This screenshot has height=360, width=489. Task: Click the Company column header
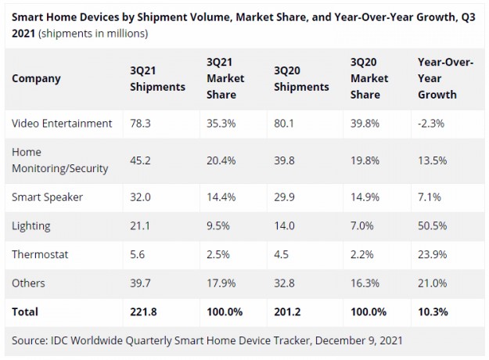point(36,78)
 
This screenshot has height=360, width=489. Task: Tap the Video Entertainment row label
point(63,123)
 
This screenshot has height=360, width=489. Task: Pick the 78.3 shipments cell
point(141,123)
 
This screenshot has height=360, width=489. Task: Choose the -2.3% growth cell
point(434,123)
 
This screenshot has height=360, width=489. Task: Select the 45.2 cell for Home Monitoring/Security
point(141,160)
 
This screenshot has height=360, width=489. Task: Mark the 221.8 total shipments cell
point(144,311)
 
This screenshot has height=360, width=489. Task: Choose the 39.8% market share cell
point(365,123)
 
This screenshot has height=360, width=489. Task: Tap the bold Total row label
point(25,311)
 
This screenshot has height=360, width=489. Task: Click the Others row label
point(29,283)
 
